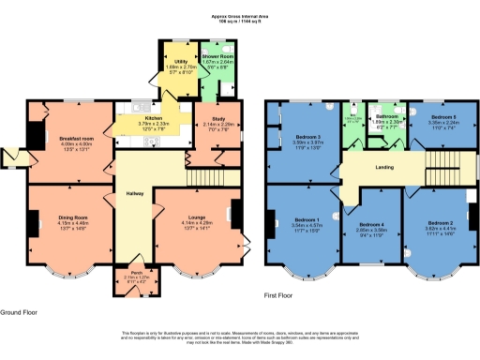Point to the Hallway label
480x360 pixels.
tap(135, 194)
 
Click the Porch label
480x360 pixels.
tap(137, 273)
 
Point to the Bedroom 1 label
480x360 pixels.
tap(307, 220)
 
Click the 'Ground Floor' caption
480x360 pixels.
tap(19, 310)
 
